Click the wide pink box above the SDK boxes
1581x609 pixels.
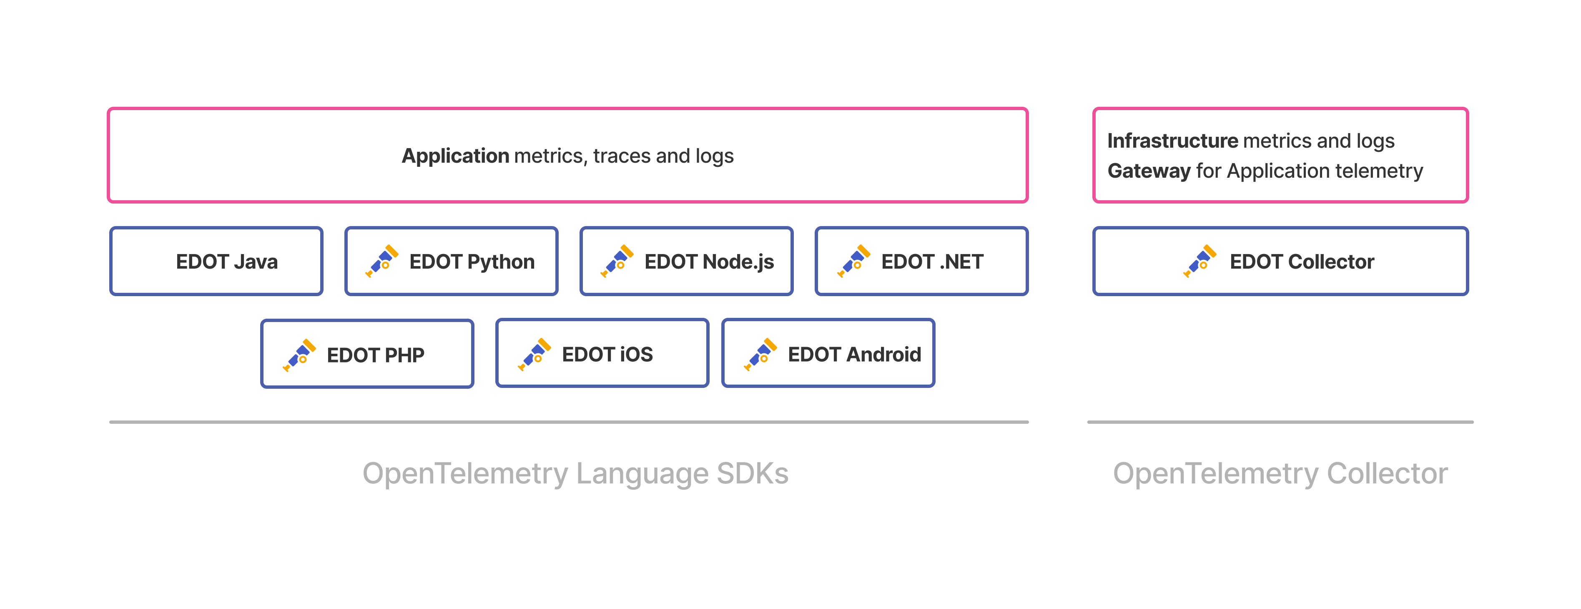click(x=568, y=155)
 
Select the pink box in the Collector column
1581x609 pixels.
click(x=1280, y=155)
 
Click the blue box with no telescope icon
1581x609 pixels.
click(x=216, y=261)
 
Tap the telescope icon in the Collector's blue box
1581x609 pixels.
click(x=1200, y=261)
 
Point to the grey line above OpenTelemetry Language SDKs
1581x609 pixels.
click(x=569, y=422)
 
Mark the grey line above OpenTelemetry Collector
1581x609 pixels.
click(x=1280, y=422)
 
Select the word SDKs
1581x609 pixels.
click(x=753, y=473)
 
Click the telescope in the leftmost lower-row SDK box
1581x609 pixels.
click(x=299, y=355)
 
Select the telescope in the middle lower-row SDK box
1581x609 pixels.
click(x=534, y=354)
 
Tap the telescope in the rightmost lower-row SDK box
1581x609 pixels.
click(x=760, y=354)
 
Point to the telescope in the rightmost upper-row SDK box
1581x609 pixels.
click(x=854, y=261)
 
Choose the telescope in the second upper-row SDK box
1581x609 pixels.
click(x=382, y=261)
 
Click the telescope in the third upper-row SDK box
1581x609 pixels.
click(x=617, y=261)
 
